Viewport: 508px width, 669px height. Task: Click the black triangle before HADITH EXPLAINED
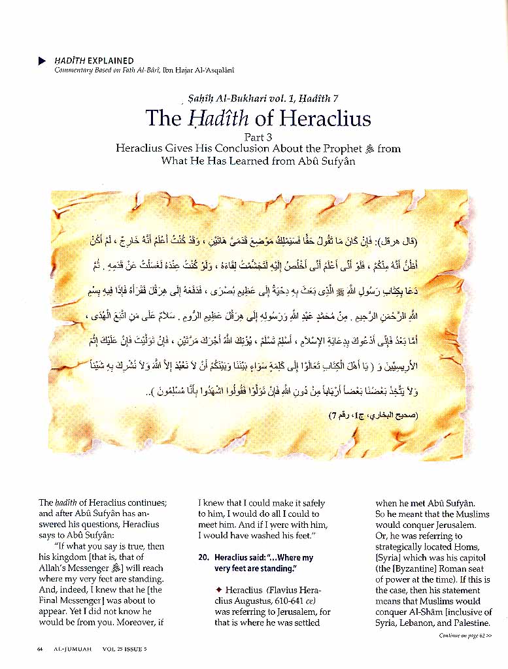(42, 61)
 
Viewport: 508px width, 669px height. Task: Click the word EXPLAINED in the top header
(112, 61)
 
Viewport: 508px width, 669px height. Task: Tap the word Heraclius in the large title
(325, 118)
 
